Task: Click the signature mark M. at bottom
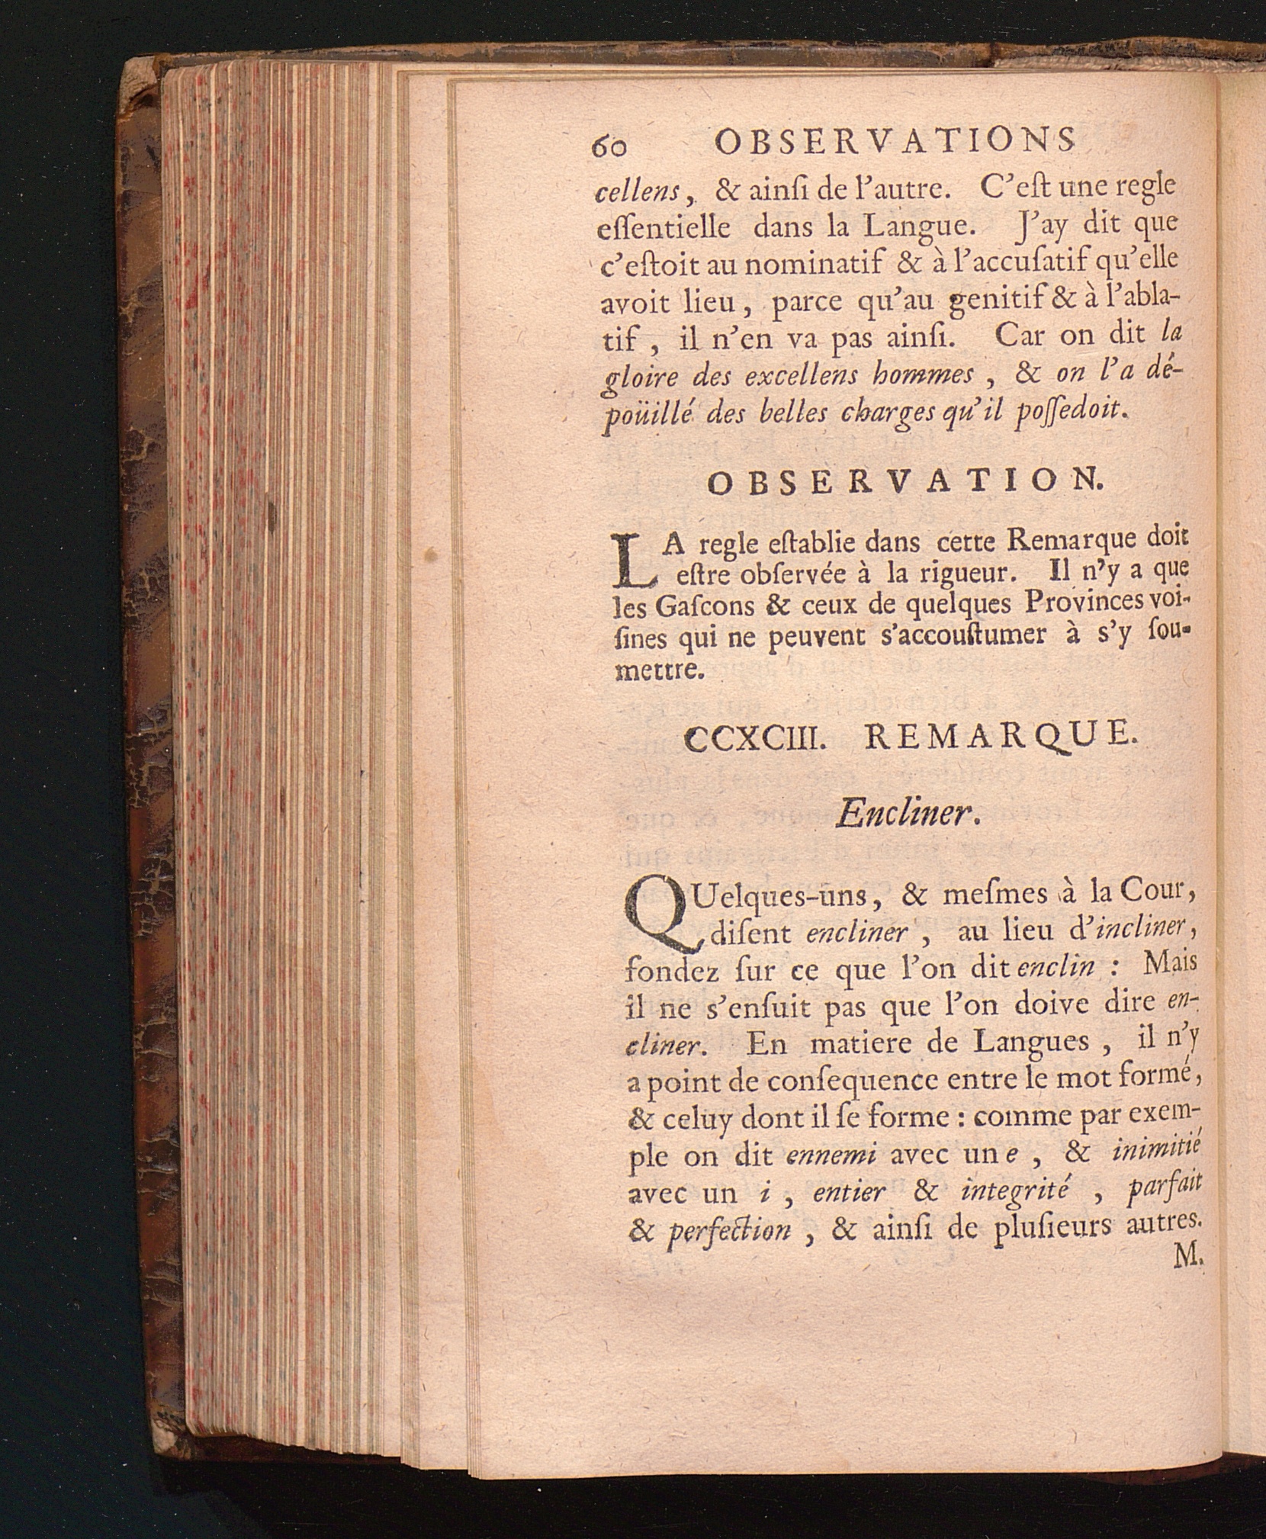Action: pyautogui.click(x=1187, y=1261)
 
